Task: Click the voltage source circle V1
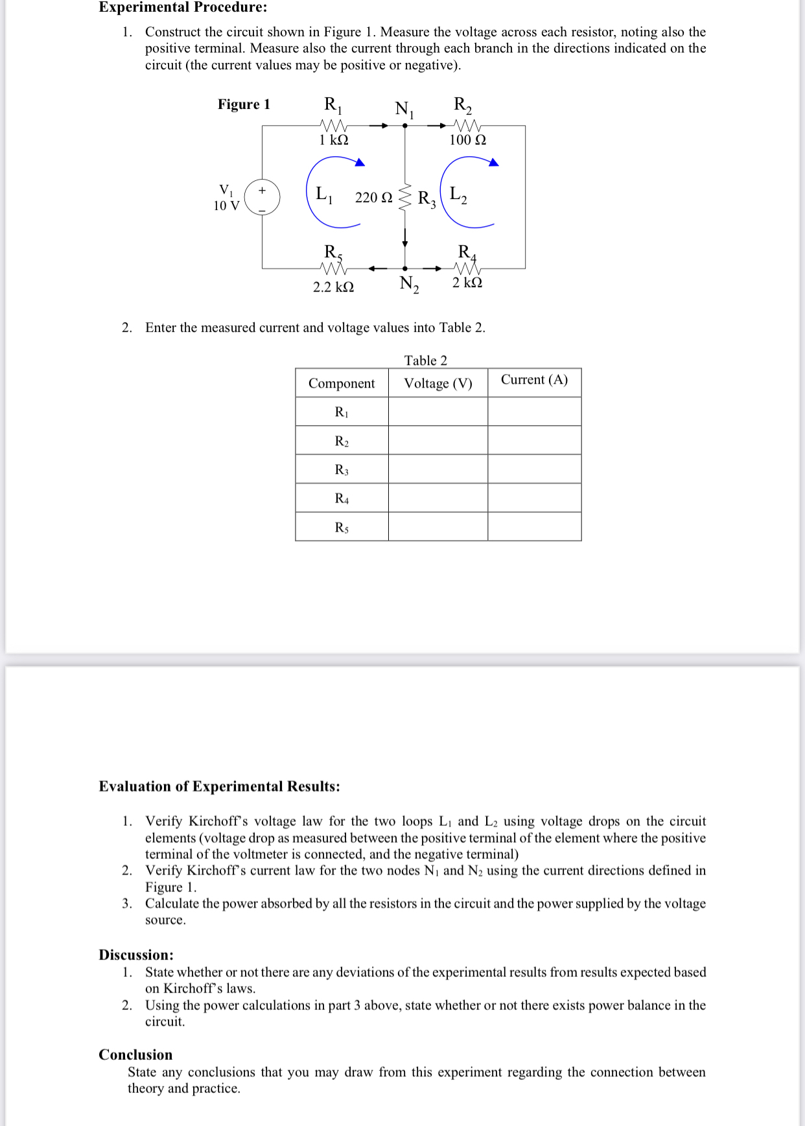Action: tap(262, 197)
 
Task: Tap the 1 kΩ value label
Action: tap(334, 140)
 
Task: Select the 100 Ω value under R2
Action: tap(467, 140)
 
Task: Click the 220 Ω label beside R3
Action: tap(373, 198)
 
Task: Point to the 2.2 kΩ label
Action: tap(333, 287)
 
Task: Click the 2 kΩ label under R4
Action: tap(467, 283)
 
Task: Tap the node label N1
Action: tap(404, 109)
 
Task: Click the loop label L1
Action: tap(323, 194)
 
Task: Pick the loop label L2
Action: tap(458, 194)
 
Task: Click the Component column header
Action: tap(342, 383)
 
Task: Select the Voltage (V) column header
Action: tap(438, 383)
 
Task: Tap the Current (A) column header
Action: tap(534, 380)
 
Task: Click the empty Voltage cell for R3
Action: tap(438, 469)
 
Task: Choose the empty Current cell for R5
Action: tap(534, 527)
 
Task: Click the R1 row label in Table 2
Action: tap(342, 412)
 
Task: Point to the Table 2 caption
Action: tap(426, 360)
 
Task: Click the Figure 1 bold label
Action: tap(244, 104)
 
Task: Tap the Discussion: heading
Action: tap(136, 955)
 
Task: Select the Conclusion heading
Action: tap(135, 1055)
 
